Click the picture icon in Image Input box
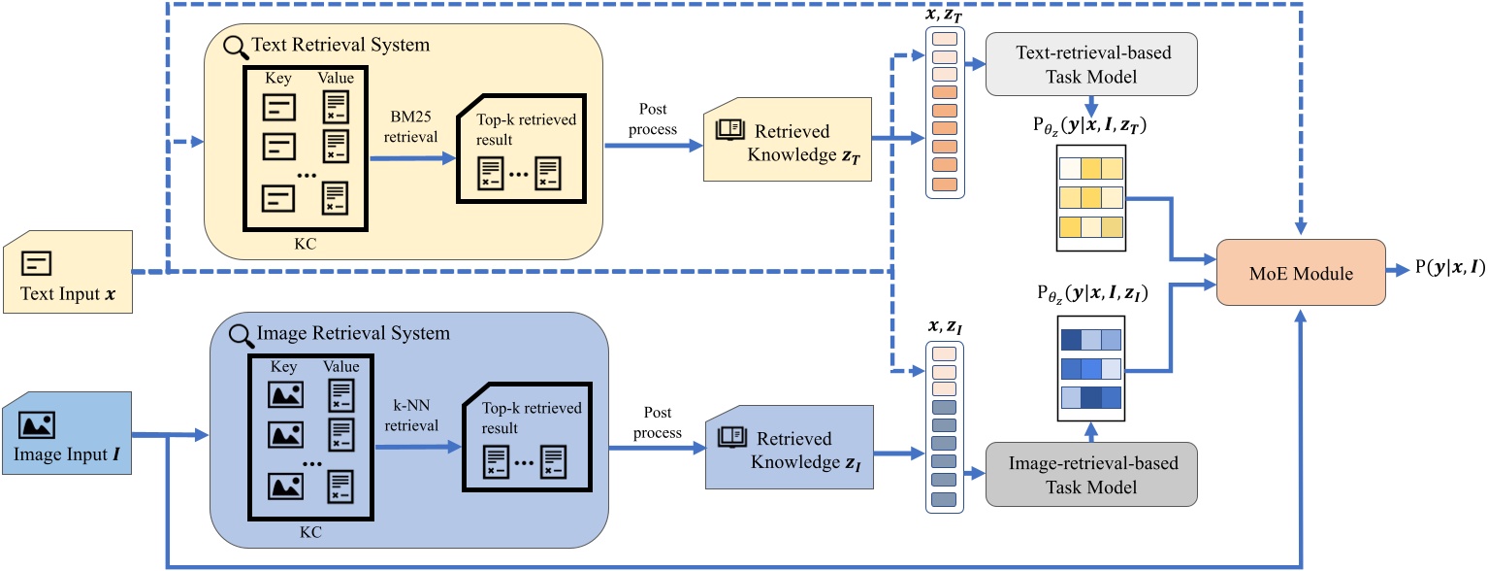pyautogui.click(x=37, y=424)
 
